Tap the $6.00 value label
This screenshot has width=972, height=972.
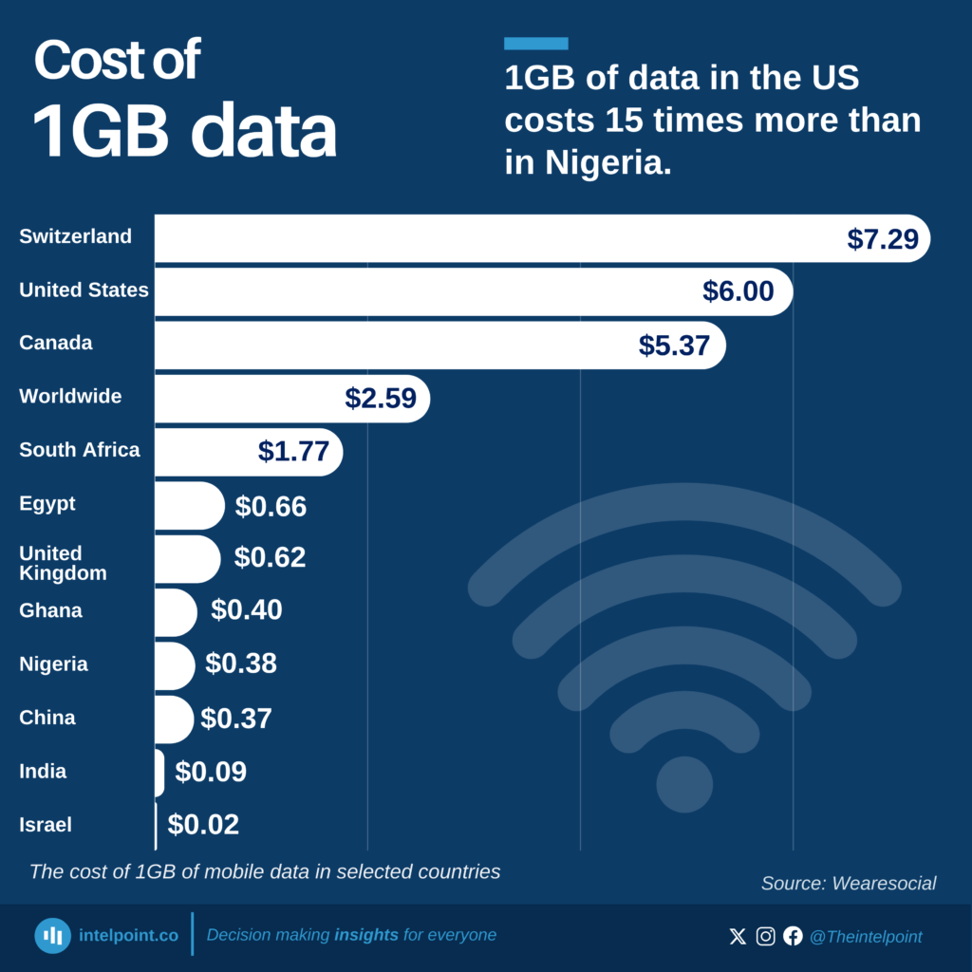(738, 291)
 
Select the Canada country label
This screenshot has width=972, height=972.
(56, 343)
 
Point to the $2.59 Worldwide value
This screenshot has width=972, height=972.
(381, 399)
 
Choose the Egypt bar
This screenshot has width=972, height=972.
(189, 505)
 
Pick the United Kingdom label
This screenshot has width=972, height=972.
(62, 563)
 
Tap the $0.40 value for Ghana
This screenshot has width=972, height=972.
(247, 609)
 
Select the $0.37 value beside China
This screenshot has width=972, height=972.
(236, 719)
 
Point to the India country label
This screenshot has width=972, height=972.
(43, 771)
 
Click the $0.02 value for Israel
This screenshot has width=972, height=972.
(203, 825)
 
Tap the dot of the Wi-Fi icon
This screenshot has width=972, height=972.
(684, 784)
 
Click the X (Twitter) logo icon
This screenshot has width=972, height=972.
(738, 936)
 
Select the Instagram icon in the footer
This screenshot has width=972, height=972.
(766, 936)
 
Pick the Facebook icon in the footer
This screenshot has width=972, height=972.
(793, 936)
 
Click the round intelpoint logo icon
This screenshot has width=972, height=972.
(53, 936)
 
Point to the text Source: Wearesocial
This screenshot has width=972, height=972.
(849, 884)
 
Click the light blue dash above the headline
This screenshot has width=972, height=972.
(535, 44)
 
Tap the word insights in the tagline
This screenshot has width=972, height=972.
(366, 935)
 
